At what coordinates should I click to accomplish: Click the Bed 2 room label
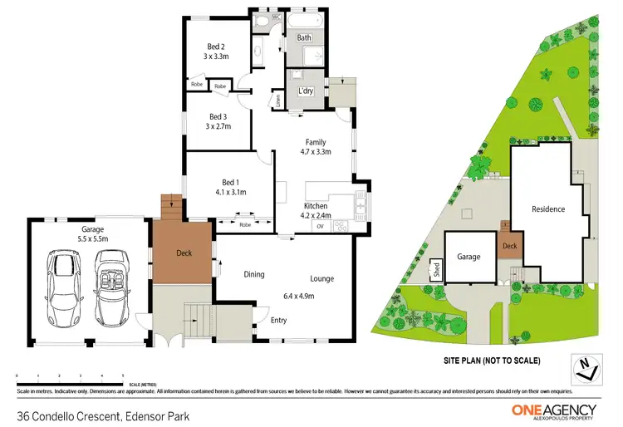click(217, 47)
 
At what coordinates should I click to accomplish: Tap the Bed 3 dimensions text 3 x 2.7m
click(218, 126)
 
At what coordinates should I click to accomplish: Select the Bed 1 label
click(229, 182)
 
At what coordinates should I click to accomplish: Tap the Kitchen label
click(315, 205)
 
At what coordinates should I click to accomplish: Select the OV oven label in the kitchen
click(319, 226)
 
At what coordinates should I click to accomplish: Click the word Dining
click(253, 274)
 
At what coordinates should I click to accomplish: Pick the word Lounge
click(322, 279)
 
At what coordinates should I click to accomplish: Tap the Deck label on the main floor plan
click(184, 253)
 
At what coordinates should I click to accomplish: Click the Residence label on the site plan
click(548, 209)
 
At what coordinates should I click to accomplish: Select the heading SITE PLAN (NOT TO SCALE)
click(493, 361)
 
